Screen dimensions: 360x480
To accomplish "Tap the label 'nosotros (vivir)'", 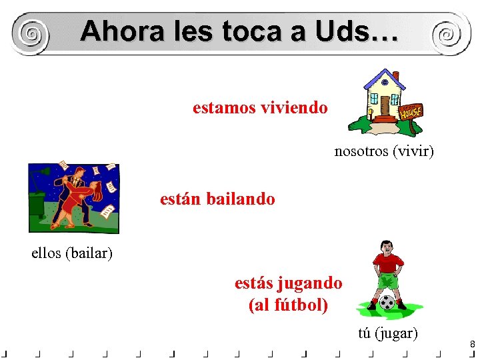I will pyautogui.click(x=384, y=152).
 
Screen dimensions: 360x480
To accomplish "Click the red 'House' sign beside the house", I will pyautogui.click(x=411, y=111).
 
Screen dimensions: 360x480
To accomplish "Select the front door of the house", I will pyautogui.click(x=385, y=105).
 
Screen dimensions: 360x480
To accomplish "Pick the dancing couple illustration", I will pyautogui.click(x=75, y=197).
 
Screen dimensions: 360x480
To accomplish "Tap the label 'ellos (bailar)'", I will pyautogui.click(x=72, y=253).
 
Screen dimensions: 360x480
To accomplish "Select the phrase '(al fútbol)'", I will pyautogui.click(x=288, y=305).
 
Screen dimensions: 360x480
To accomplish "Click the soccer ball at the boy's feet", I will pyautogui.click(x=387, y=302).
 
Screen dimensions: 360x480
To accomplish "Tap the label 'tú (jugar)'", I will pyautogui.click(x=388, y=333).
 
